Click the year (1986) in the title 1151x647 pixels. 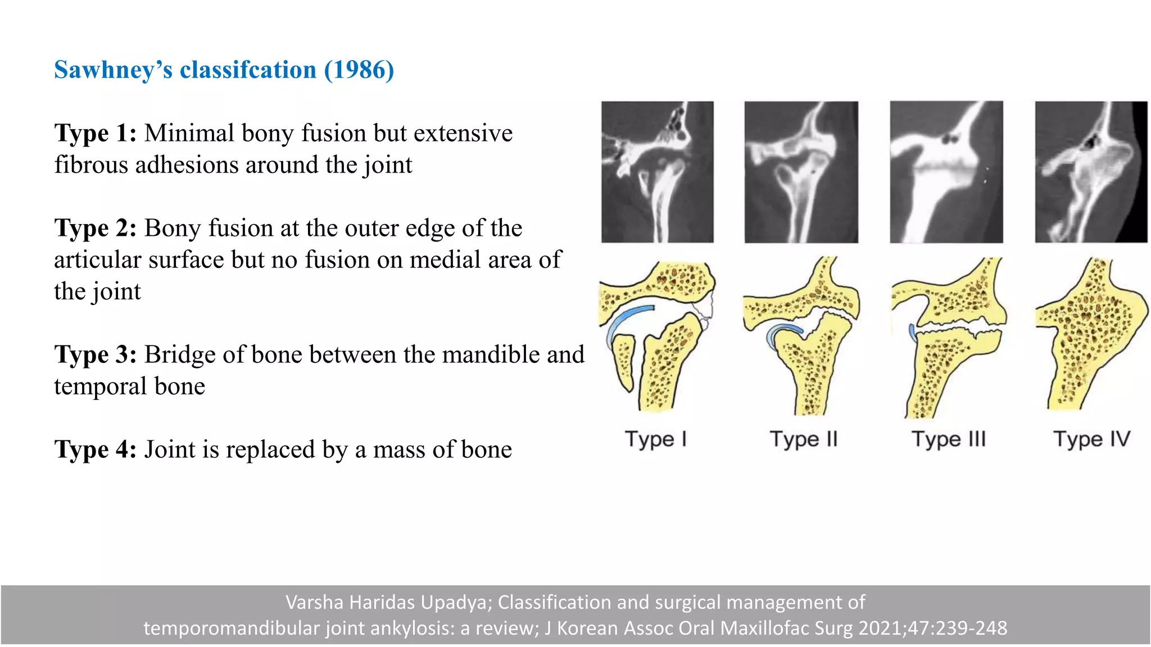359,70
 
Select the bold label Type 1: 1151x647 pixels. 95,134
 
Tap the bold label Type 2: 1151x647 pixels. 95,229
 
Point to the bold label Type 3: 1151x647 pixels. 95,355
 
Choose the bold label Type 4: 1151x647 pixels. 95,450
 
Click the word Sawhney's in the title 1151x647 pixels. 113,70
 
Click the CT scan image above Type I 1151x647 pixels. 657,172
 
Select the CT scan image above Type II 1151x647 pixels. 801,172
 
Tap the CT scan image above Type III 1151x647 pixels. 946,172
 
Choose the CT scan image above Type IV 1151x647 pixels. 1090,172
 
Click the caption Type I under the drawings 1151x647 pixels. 656,439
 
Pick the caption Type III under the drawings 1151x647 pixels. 949,439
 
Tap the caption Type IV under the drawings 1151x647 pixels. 1091,439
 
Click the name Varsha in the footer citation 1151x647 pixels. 314,603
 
